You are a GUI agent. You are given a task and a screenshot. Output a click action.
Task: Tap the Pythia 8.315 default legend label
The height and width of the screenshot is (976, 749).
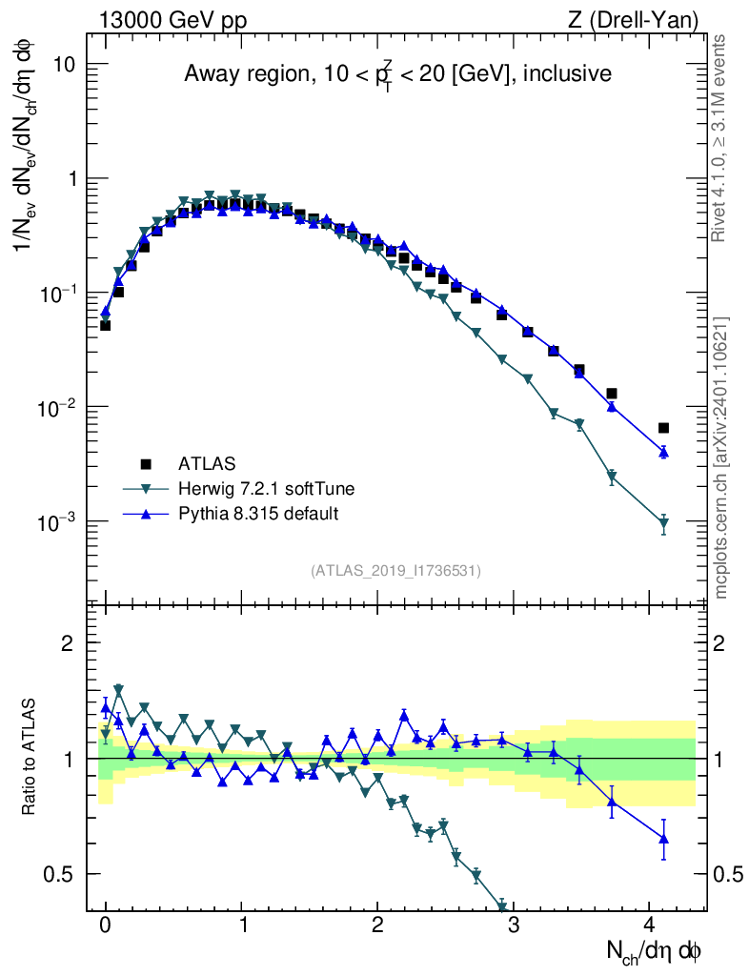tap(257, 514)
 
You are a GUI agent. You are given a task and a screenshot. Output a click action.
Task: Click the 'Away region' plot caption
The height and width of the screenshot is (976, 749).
tap(397, 75)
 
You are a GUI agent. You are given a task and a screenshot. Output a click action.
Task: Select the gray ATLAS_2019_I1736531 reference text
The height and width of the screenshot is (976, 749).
tap(395, 571)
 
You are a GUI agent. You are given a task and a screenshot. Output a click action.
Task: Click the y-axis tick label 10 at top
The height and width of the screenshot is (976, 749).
tap(66, 64)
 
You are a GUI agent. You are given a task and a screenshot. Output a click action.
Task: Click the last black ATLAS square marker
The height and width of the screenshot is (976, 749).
tap(663, 428)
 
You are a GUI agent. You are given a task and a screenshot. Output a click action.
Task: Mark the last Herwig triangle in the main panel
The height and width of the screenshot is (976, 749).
tap(663, 523)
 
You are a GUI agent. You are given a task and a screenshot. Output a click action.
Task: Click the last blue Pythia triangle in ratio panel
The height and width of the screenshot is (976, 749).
tap(663, 839)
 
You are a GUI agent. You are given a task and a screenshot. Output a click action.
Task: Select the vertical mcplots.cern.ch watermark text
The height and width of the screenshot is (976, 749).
tap(721, 457)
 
